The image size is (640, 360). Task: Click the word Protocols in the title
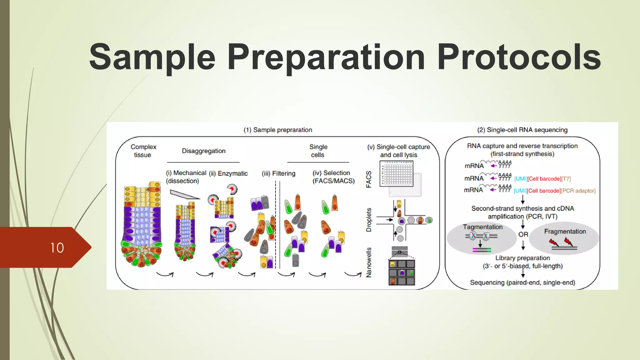(x=519, y=57)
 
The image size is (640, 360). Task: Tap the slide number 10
(x=57, y=248)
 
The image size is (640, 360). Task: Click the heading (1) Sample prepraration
(x=278, y=130)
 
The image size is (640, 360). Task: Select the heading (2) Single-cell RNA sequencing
(x=522, y=130)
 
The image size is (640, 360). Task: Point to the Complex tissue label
(x=143, y=151)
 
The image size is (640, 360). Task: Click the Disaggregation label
(x=203, y=151)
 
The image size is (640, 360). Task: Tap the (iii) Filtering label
(x=278, y=173)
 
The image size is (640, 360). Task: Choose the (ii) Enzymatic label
(x=228, y=173)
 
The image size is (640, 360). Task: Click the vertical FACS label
(x=369, y=179)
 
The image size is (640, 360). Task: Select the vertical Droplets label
(x=369, y=220)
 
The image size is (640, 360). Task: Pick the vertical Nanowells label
(x=369, y=262)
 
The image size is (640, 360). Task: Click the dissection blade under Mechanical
(x=184, y=194)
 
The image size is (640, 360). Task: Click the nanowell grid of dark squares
(x=402, y=272)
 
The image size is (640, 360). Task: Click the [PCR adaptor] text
(x=578, y=191)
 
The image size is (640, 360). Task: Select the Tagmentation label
(x=482, y=227)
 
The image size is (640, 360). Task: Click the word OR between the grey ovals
(x=523, y=234)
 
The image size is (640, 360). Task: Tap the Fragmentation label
(x=565, y=232)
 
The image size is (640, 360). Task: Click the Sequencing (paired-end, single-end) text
(x=522, y=282)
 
